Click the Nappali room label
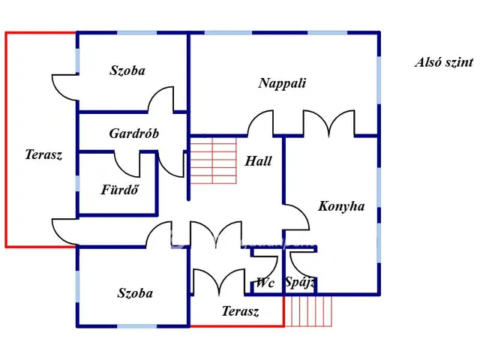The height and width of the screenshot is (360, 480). click(x=282, y=83)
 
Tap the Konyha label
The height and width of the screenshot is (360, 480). click(x=341, y=206)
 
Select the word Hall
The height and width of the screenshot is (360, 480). click(x=258, y=161)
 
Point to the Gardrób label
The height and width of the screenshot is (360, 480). click(x=133, y=133)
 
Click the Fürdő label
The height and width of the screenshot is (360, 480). click(x=120, y=190)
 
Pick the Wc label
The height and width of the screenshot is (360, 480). click(x=265, y=283)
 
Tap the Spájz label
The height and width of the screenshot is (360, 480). click(x=300, y=283)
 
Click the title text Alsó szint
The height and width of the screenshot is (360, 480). click(x=444, y=62)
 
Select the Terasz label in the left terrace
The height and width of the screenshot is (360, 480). click(x=43, y=154)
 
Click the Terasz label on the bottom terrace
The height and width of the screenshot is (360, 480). click(x=240, y=311)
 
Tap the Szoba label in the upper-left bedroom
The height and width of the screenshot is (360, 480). click(x=127, y=70)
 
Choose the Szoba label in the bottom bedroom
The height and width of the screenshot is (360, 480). click(x=135, y=293)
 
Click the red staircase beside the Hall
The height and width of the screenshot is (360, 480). click(x=213, y=160)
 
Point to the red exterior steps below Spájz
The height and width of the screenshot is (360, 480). click(x=308, y=310)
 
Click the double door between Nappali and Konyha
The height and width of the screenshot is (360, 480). click(x=328, y=123)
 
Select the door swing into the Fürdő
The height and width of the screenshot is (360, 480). click(x=127, y=164)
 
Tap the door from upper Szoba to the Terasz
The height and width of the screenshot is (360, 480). click(x=64, y=87)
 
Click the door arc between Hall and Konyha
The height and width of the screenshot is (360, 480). click(x=297, y=217)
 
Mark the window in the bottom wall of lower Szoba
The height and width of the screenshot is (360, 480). click(x=137, y=326)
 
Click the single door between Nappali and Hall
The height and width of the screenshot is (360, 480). click(x=260, y=123)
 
